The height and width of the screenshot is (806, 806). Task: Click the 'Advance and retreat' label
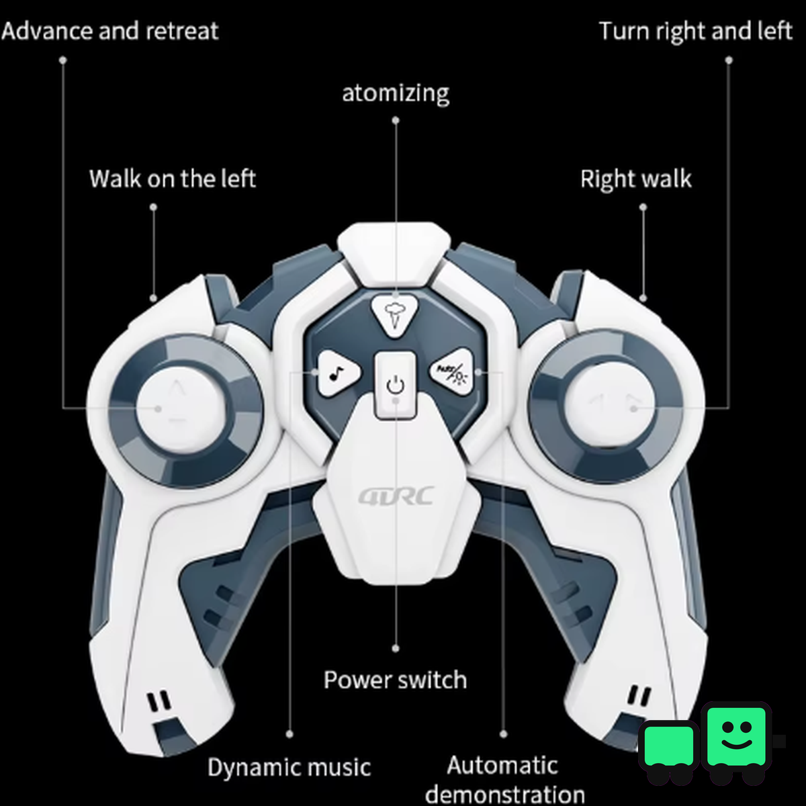point(109,31)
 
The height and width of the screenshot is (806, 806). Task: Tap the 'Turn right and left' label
point(695,32)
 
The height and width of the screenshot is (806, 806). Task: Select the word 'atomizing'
point(396,93)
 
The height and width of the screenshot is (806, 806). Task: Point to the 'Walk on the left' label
point(173,179)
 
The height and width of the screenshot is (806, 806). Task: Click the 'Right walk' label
point(636,179)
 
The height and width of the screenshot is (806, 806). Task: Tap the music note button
point(338,372)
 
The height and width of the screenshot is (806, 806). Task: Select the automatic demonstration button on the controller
point(452,371)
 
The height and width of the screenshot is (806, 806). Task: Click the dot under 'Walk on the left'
point(154,207)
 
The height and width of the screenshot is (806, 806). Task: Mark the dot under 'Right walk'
point(643,207)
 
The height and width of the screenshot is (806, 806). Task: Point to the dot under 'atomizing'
point(396,120)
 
